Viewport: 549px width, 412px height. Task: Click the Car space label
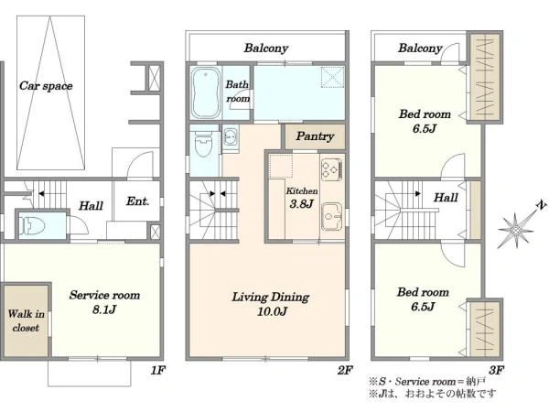click(x=46, y=86)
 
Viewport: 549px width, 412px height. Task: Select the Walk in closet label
click(x=26, y=320)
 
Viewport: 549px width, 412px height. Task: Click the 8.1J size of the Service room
click(x=104, y=309)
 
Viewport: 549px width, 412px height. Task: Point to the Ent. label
click(x=137, y=201)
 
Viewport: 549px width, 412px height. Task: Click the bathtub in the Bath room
click(x=206, y=92)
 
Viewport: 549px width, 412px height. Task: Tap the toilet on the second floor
click(x=204, y=145)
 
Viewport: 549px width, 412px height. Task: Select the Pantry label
click(x=315, y=136)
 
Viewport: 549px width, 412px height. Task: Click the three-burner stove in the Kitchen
click(x=331, y=169)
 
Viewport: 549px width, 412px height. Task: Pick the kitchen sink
click(x=332, y=216)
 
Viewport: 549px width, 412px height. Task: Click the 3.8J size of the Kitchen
click(x=301, y=204)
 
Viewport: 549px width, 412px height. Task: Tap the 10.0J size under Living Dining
click(x=272, y=311)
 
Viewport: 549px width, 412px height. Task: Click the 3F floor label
click(x=496, y=370)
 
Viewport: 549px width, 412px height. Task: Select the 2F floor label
click(x=345, y=370)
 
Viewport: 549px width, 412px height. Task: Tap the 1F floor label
click(x=157, y=370)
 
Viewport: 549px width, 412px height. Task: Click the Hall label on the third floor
click(x=446, y=198)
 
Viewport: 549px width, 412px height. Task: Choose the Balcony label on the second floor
click(x=266, y=48)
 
